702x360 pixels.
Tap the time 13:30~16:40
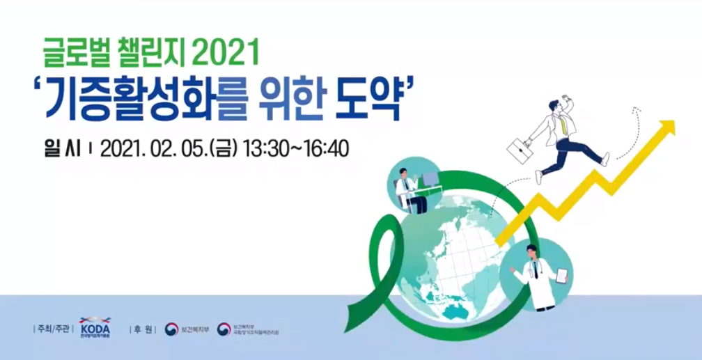[295, 148]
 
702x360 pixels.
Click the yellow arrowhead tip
[668, 126]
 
